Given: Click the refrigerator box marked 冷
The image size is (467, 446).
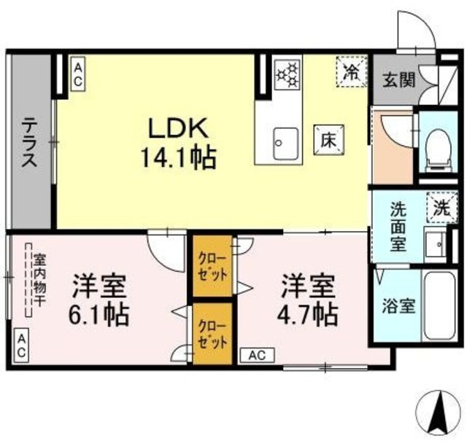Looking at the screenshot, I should coord(351,71).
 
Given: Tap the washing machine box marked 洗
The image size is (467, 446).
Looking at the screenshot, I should coord(440,206).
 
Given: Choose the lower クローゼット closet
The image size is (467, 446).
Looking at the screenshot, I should coord(212,334).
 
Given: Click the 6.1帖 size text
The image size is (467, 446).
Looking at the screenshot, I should coord(100,314).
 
